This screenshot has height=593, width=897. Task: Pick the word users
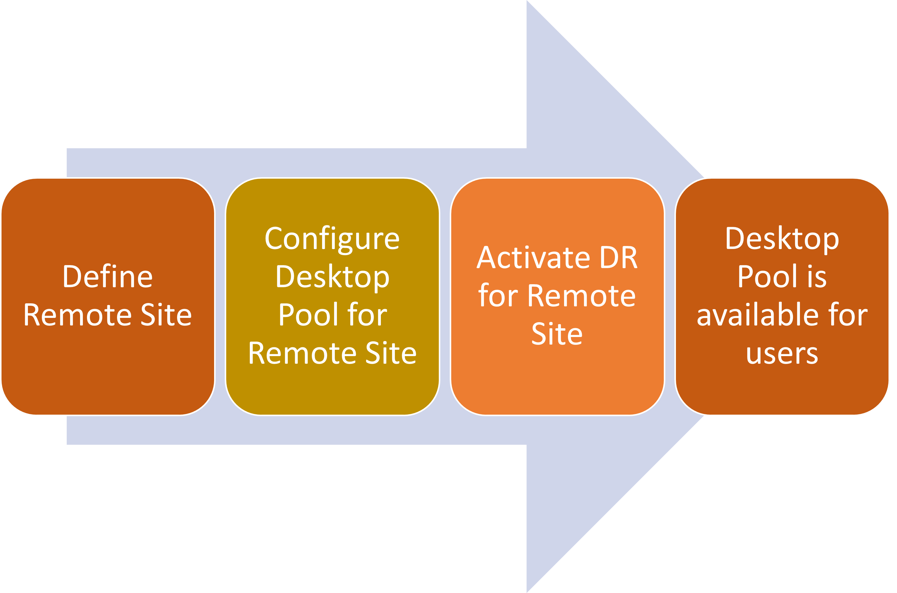(x=782, y=354)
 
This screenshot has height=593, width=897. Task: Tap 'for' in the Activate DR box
(x=498, y=296)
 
